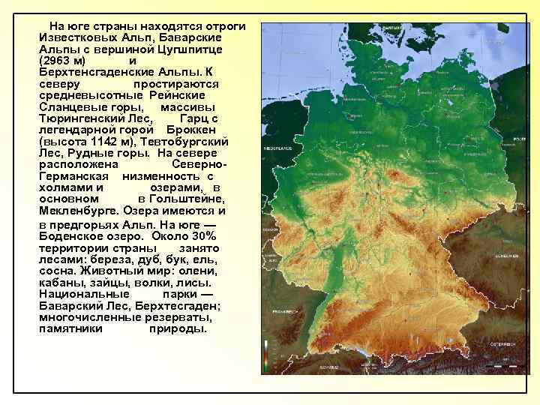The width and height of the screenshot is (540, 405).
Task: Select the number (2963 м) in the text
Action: coord(63,60)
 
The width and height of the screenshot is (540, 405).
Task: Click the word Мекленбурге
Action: coord(79,211)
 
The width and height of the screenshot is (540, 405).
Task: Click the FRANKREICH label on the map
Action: coord(285,310)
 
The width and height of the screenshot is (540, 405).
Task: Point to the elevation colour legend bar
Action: coord(265,357)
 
